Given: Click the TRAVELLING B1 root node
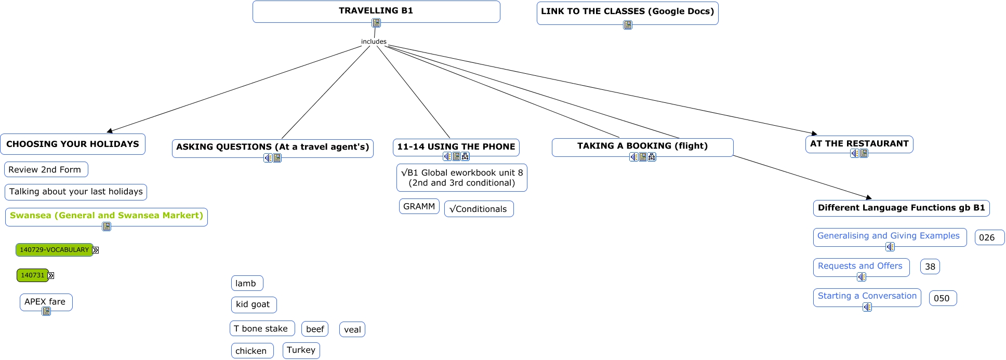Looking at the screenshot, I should (x=376, y=11).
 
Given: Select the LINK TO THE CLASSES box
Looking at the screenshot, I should (x=627, y=11).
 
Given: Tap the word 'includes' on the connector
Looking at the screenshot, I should (x=374, y=42).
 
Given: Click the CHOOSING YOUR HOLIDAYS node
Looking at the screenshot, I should (x=73, y=144).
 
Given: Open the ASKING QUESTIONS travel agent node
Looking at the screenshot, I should (x=272, y=146).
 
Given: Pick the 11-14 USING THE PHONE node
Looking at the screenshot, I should (x=456, y=146).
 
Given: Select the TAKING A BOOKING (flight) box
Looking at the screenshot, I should (x=642, y=146).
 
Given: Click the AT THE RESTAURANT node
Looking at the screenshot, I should (x=859, y=143).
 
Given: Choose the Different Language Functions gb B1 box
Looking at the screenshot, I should (x=901, y=208).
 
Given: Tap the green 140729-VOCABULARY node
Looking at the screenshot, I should (x=54, y=250).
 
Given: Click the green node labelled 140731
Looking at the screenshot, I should (x=33, y=275).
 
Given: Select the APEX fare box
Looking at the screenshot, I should (x=45, y=301).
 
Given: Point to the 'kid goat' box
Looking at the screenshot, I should (x=253, y=304).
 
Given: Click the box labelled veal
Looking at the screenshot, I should (x=352, y=329).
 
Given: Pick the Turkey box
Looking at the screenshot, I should (x=301, y=350).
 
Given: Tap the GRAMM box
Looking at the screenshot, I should (x=419, y=206).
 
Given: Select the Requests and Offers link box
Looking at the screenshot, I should (x=860, y=266).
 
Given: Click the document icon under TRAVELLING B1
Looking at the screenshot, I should (x=376, y=23).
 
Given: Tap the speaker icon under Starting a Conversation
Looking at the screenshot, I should (x=867, y=307).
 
